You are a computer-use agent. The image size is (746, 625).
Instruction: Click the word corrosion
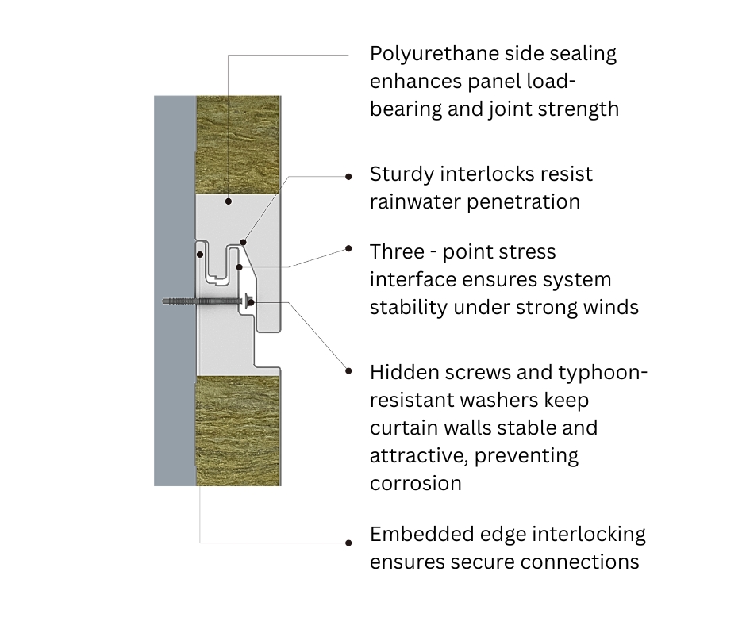(x=415, y=483)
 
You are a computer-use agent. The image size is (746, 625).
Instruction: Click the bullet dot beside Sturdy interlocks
(x=349, y=177)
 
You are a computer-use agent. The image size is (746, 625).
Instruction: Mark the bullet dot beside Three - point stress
(x=349, y=248)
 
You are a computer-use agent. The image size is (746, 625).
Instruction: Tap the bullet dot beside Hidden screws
(x=349, y=370)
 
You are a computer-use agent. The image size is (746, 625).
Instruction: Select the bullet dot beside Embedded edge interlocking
(x=349, y=543)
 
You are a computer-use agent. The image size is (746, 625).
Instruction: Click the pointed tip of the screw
(x=162, y=301)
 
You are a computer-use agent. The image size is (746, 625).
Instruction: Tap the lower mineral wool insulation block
(x=237, y=428)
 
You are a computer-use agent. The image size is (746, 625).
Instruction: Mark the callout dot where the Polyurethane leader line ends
(x=229, y=201)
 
